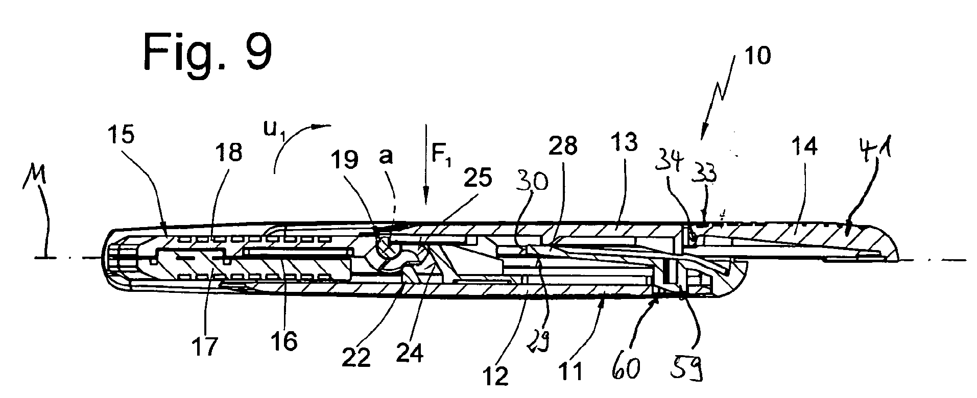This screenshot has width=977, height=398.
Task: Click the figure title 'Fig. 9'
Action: point(207,53)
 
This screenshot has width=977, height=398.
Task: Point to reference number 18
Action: point(228,152)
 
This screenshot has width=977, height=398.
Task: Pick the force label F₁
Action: point(440,154)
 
